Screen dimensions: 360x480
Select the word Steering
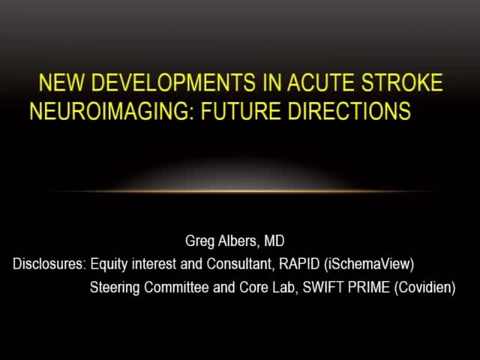(x=114, y=286)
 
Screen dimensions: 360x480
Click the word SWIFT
(x=323, y=286)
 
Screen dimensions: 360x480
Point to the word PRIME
(x=367, y=286)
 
